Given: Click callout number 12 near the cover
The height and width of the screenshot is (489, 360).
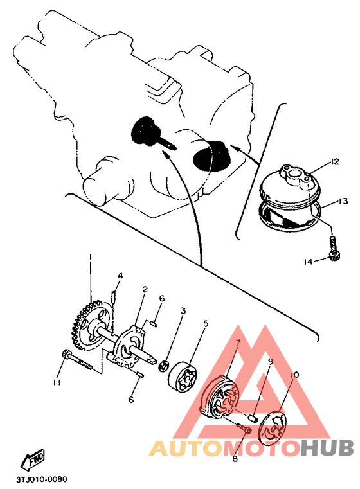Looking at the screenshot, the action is pyautogui.click(x=334, y=162).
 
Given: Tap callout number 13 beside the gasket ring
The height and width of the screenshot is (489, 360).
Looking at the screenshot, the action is pyautogui.click(x=343, y=201).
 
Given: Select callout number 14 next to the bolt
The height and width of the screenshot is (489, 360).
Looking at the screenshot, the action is pyautogui.click(x=307, y=262).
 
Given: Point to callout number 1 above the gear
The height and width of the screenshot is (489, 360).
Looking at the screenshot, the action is pyautogui.click(x=91, y=256).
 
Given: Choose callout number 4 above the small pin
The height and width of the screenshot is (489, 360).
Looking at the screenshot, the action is pyautogui.click(x=120, y=276).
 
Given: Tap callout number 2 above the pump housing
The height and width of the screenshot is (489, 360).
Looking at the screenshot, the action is pyautogui.click(x=145, y=289).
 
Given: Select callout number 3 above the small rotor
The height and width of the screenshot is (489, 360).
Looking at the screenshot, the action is pyautogui.click(x=183, y=311).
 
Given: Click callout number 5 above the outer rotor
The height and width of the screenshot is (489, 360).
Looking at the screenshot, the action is pyautogui.click(x=205, y=324).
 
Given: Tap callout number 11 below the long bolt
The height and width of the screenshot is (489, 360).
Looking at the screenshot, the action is pyautogui.click(x=57, y=382).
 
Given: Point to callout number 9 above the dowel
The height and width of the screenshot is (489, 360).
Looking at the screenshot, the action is pyautogui.click(x=270, y=362).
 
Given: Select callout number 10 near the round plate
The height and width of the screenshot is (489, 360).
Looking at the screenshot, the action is pyautogui.click(x=294, y=375).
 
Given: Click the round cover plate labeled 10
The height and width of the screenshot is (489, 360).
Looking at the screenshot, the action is pyautogui.click(x=272, y=427).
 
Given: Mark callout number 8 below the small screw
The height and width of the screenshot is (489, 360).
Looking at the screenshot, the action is pyautogui.click(x=235, y=459).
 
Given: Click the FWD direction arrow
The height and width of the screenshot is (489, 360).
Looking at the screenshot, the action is pyautogui.click(x=33, y=459).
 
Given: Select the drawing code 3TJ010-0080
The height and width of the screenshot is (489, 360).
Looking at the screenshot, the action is pyautogui.click(x=42, y=479).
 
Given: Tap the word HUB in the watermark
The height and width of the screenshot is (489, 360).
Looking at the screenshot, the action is pyautogui.click(x=328, y=448).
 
